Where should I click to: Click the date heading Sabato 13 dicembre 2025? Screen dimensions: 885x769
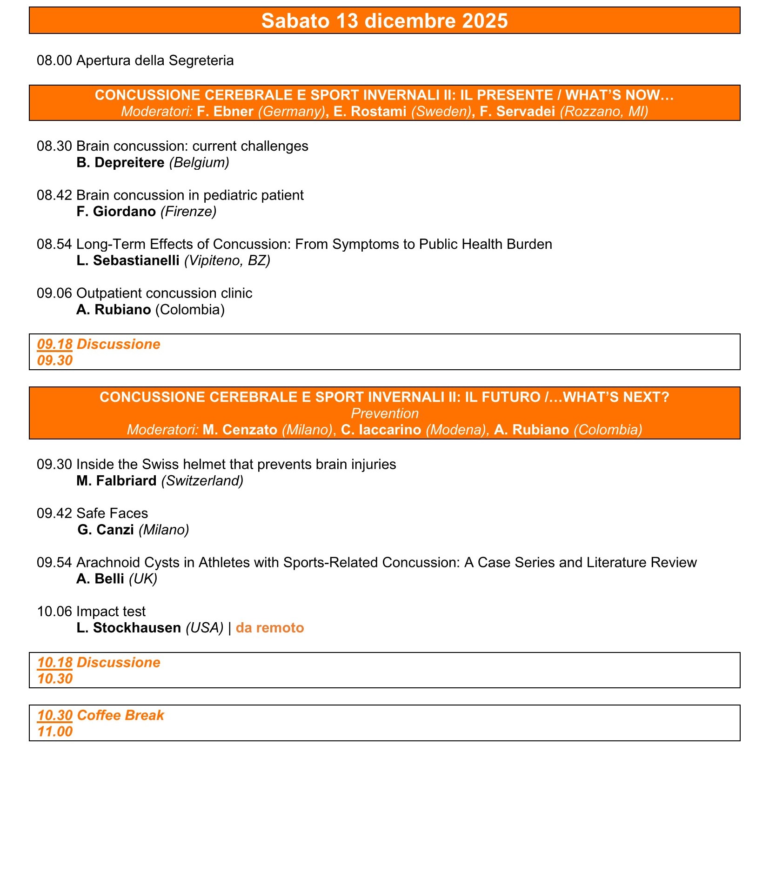point(384,21)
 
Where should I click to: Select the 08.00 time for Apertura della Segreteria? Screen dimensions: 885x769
point(54,60)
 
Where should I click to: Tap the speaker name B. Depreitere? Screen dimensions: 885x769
point(120,162)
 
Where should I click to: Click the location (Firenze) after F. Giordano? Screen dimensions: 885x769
point(188,212)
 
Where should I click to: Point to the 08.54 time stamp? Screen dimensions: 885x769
point(54,244)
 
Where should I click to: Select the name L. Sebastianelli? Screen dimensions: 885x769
point(128,260)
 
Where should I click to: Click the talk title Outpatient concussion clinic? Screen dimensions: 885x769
point(164,293)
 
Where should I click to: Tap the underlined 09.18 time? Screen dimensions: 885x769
point(54,344)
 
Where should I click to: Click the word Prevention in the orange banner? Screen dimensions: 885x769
point(384,413)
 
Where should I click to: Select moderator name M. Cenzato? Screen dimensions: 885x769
point(240,430)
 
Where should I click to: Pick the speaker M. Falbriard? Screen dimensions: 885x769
point(116,481)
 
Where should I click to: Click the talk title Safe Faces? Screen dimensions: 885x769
point(112,513)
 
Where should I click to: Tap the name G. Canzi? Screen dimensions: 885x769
point(106,530)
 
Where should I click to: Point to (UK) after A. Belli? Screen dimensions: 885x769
point(143,579)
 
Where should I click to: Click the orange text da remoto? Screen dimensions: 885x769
point(270,628)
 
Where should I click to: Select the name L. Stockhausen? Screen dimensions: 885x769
point(128,628)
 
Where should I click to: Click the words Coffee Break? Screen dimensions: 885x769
point(120,715)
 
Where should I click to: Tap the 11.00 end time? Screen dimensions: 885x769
point(55,732)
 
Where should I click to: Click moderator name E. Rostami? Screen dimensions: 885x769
point(370,112)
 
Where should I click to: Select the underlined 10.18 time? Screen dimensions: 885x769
point(54,663)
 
